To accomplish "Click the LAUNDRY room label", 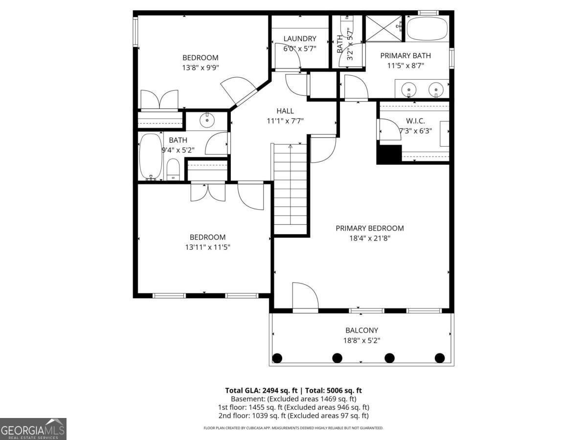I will (300, 39).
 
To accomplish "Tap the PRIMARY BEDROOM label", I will (369, 228).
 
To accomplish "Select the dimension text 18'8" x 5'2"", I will (361, 340).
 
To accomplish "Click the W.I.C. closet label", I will (415, 121).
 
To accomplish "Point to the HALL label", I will (285, 111).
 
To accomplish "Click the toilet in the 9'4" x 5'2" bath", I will (173, 170).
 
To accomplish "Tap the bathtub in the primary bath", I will (428, 29).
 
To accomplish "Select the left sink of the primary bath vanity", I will (408, 89).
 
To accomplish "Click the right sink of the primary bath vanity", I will (436, 89).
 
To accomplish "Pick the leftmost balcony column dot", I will (277, 358).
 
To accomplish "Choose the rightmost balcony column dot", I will (440, 358).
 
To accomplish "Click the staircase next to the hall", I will (291, 188).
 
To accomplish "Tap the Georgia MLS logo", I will (33, 429).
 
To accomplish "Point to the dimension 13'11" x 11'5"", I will (207, 247).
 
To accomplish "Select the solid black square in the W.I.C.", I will (389, 154).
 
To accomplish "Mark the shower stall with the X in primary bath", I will (384, 29).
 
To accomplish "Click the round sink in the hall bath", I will (208, 119).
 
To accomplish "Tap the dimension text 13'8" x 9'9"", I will (200, 68).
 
